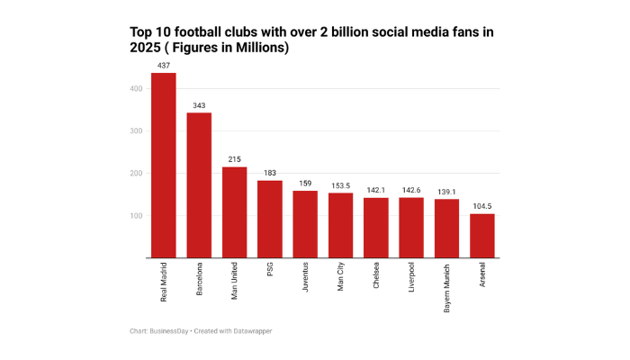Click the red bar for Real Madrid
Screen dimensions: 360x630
tap(163, 166)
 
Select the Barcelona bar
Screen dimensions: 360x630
tap(199, 185)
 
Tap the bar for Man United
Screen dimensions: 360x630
tap(234, 212)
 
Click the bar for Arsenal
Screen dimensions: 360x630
tap(482, 236)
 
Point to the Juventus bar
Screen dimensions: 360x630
tap(305, 224)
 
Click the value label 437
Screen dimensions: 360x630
tap(163, 66)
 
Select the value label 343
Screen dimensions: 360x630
tap(199, 105)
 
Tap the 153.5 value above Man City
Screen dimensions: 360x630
tap(340, 185)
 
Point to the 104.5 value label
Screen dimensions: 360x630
tap(482, 206)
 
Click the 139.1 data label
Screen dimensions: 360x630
tap(446, 192)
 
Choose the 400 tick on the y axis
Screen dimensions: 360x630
tap(136, 88)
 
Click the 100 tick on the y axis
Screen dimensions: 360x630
tap(136, 216)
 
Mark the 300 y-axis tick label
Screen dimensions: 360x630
tap(136, 131)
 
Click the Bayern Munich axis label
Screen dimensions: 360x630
tap(447, 287)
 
